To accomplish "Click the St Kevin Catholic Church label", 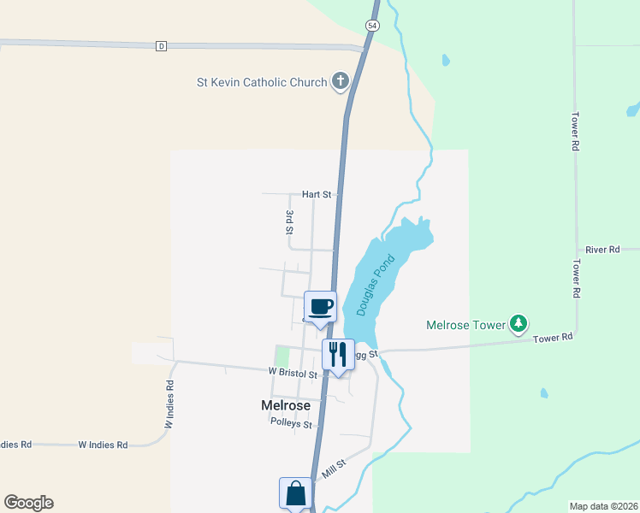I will [x=262, y=82].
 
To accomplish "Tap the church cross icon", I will [x=341, y=82].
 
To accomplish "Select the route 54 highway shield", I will [x=371, y=26].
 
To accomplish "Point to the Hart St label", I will [x=316, y=195].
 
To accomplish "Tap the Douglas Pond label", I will [x=376, y=285].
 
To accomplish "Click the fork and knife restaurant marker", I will [x=338, y=354].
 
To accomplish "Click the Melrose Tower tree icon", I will [x=518, y=324].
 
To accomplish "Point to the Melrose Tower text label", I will [x=465, y=325].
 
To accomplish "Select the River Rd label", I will [x=602, y=250].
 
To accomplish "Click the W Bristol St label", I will [x=293, y=374].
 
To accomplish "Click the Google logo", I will [x=28, y=503].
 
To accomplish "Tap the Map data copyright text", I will [x=604, y=506].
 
